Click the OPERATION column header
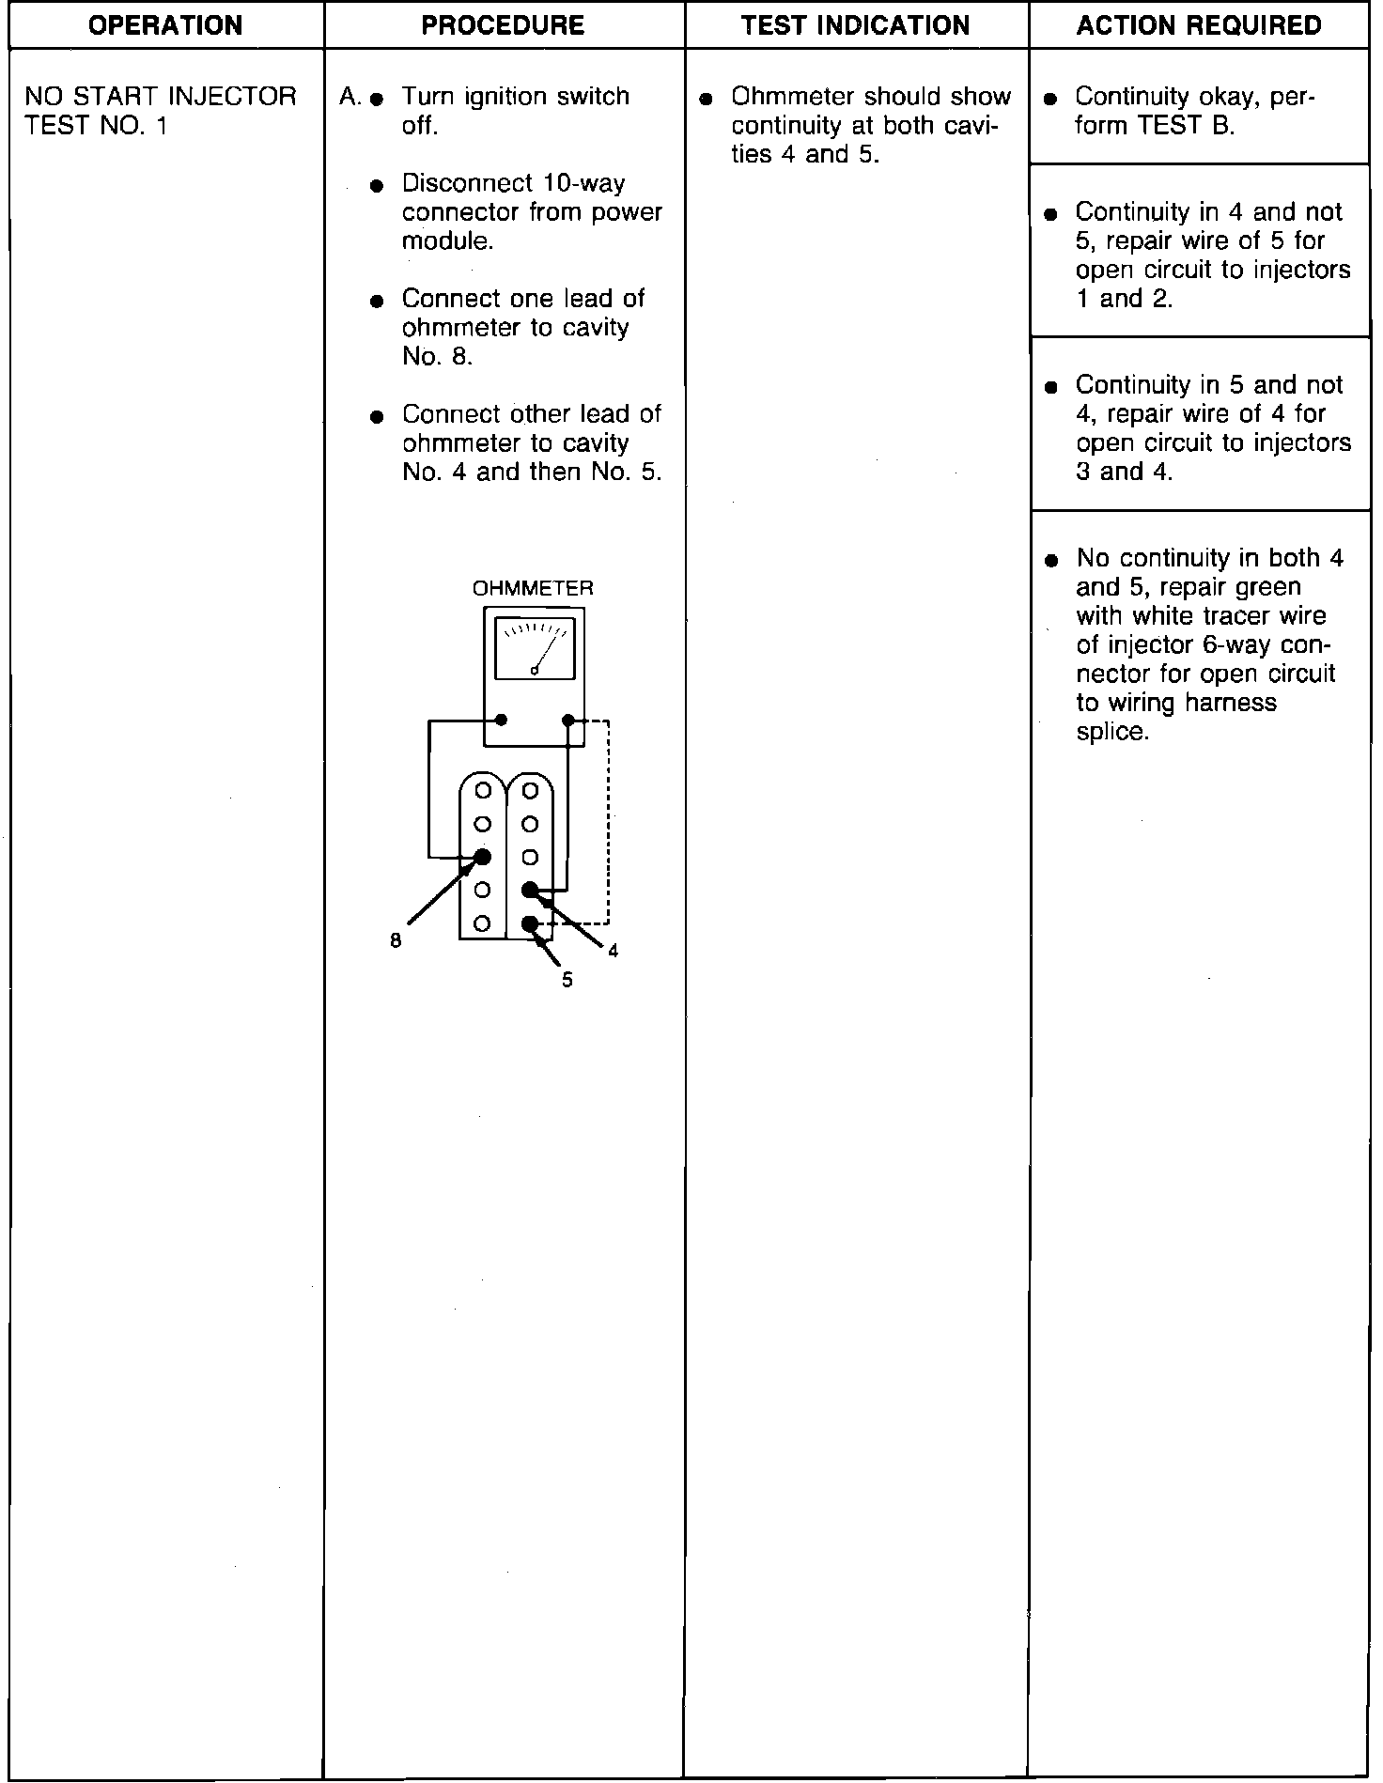(165, 24)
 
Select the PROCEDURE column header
(503, 24)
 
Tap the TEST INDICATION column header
(855, 24)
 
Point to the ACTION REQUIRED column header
(1199, 24)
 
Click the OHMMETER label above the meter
(533, 588)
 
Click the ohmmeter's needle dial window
(534, 648)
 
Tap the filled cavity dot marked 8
(483, 857)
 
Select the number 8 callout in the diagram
(396, 940)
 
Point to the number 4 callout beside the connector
(614, 951)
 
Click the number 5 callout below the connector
(567, 980)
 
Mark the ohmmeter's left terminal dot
(501, 720)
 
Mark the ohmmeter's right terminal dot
(567, 720)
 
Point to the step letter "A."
(350, 97)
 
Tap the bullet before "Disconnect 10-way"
(377, 185)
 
